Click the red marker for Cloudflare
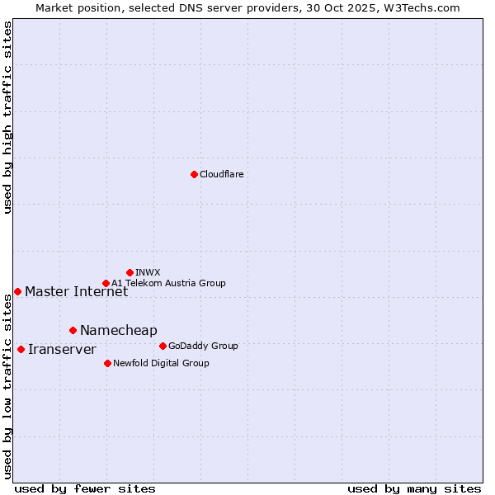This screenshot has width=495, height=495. tap(194, 174)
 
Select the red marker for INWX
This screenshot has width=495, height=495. tap(130, 272)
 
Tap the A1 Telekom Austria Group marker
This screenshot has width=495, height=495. tap(106, 283)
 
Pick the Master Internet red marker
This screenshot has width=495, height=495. tap(17, 291)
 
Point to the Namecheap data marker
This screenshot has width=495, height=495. tap(73, 330)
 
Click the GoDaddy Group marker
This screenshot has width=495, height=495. tap(163, 346)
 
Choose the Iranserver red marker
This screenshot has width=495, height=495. tap(21, 349)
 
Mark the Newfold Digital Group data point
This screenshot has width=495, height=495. tap(107, 363)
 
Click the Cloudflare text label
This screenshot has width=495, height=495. tap(221, 174)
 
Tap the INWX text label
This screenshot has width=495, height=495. tap(148, 272)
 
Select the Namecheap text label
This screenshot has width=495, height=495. tap(118, 330)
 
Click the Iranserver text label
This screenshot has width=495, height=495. tap(62, 349)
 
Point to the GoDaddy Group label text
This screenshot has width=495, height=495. tap(203, 346)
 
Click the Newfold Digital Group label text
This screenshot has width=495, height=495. tap(161, 363)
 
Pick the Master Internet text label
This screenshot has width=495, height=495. tap(76, 291)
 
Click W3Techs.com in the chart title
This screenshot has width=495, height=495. tap(426, 7)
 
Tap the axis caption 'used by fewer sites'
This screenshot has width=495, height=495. tap(85, 488)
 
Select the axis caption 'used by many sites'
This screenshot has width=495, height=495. tap(414, 488)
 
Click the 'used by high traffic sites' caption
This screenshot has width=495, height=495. tap(7, 117)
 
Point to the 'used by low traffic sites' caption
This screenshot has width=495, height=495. tap(7, 386)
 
